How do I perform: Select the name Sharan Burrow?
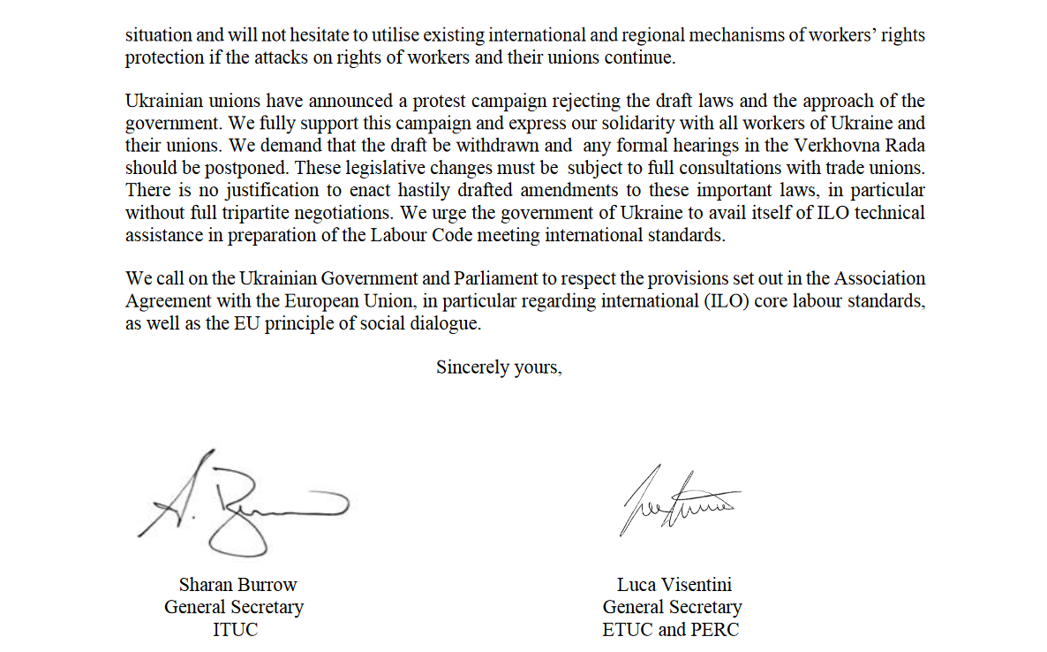[237, 584]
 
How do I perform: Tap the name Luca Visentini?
[674, 584]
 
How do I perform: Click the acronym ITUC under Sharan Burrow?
[236, 630]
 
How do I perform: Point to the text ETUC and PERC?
[671, 630]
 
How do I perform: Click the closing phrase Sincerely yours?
[498, 367]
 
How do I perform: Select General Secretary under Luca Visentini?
[672, 607]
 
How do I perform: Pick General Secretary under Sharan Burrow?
[234, 607]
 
